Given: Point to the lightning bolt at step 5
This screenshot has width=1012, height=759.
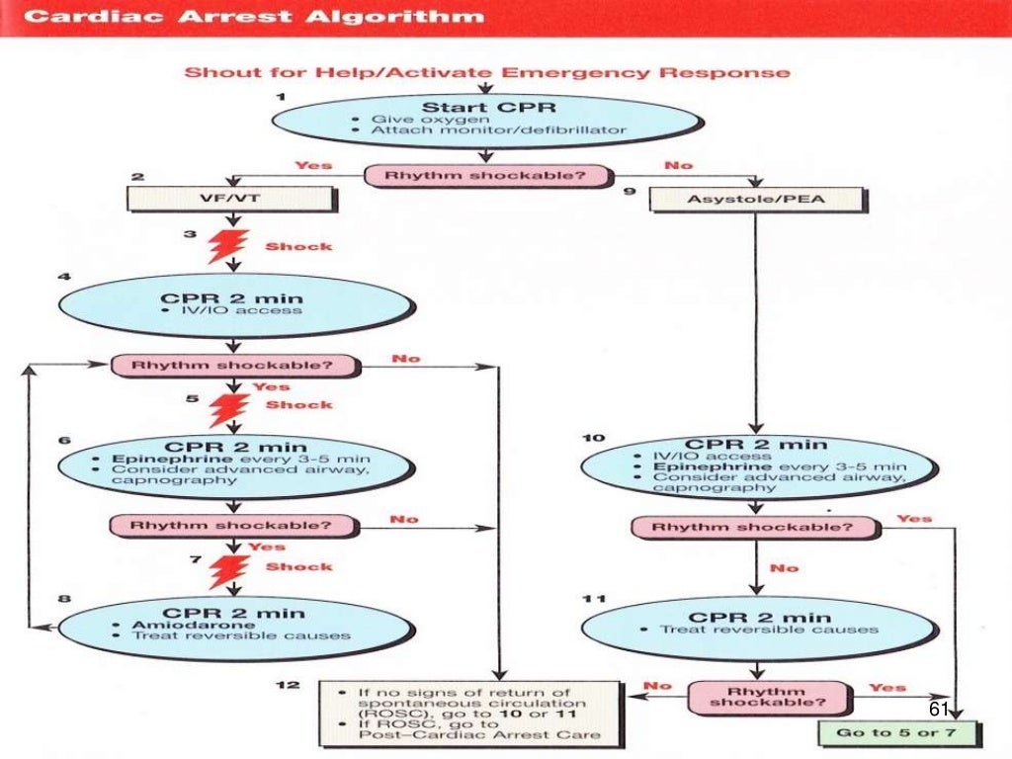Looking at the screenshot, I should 228,405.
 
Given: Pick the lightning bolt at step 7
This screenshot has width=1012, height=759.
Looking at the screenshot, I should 228,568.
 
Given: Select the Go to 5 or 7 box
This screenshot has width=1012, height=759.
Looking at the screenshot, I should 896,734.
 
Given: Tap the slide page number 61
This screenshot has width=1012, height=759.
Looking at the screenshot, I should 938,711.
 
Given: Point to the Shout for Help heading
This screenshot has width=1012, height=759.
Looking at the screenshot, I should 487,73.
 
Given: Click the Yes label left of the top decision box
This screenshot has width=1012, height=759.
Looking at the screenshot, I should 314,165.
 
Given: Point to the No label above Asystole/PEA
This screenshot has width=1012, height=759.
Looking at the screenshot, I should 678,165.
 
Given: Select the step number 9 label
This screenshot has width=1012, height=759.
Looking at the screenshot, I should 628,192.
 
